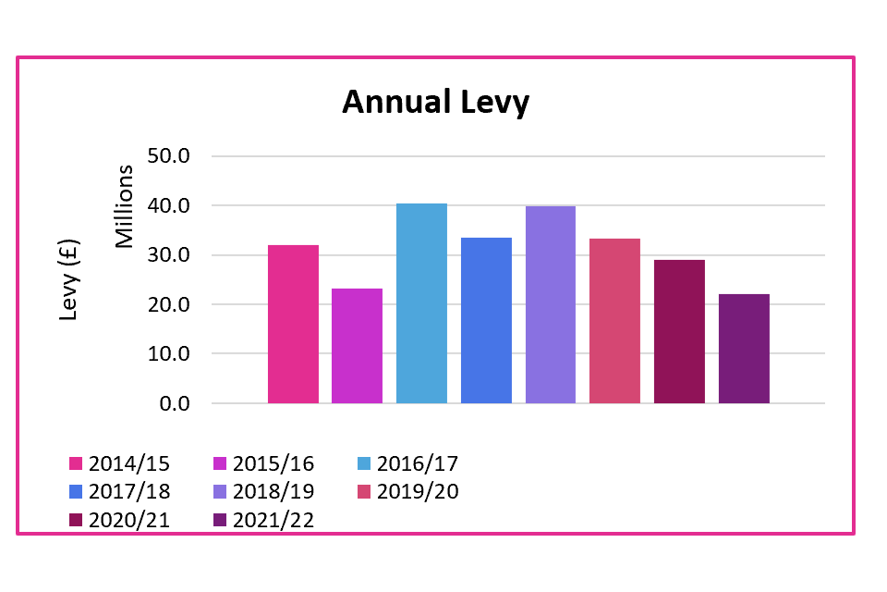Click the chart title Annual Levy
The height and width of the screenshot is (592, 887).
[x=435, y=102]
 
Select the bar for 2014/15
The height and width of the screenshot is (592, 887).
[x=293, y=324]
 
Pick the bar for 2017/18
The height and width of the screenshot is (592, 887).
[x=486, y=320]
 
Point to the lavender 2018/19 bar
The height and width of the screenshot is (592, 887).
[x=551, y=304]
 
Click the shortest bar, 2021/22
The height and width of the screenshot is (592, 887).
[x=744, y=349]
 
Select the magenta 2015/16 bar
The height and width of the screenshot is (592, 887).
[x=358, y=346]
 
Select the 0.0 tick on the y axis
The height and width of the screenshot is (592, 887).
[x=173, y=404]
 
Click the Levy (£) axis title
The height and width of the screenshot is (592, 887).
[x=70, y=280]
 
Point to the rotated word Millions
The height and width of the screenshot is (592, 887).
[x=125, y=205]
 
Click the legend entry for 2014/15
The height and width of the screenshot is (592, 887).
[x=119, y=463]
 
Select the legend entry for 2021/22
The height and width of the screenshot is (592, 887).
[x=262, y=521]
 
